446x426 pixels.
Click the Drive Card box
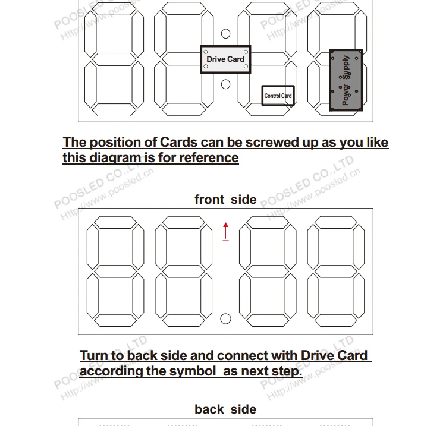point(225,59)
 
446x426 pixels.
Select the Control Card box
point(278,96)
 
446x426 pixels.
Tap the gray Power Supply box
point(346,81)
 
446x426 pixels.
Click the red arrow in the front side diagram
point(226,231)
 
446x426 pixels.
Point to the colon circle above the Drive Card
point(225,34)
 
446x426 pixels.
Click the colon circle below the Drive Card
point(225,84)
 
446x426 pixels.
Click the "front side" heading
point(225,200)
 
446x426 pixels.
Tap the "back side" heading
point(225,409)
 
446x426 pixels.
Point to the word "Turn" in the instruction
point(93,356)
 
